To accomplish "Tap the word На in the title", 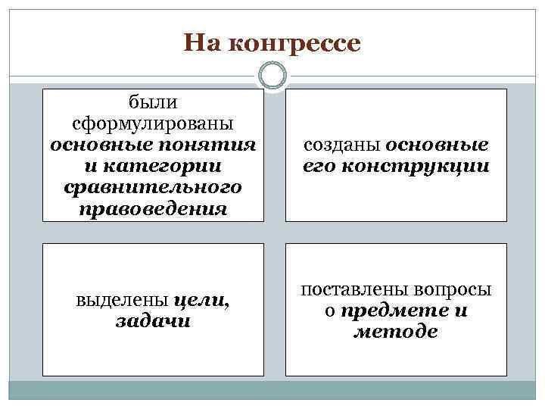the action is click(x=201, y=43).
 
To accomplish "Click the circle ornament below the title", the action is click(x=272, y=75).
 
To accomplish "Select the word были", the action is click(x=153, y=101).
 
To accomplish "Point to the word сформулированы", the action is click(x=153, y=123).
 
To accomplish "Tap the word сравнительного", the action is click(x=153, y=186).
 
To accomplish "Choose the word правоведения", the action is click(x=153, y=208).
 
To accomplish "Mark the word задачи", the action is click(x=153, y=321).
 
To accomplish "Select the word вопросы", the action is click(x=453, y=289).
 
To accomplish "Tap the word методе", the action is click(x=395, y=332).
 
